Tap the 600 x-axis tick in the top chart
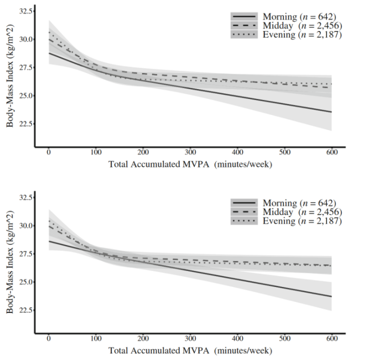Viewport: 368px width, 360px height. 332,152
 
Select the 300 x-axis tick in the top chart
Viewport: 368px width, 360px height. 190,152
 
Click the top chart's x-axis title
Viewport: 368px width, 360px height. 191,164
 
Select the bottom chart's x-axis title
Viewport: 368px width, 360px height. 191,351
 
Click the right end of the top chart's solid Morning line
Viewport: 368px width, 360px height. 331,112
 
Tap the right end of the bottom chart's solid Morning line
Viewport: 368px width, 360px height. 331,296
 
